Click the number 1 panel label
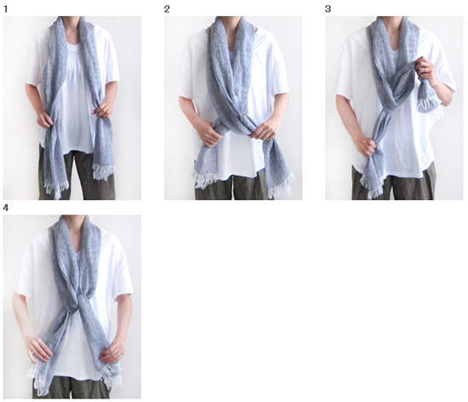point(6,9)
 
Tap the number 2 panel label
point(167,9)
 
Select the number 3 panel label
point(328,9)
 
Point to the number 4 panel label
point(6,208)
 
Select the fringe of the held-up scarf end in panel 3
point(428,105)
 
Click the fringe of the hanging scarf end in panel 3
point(372,186)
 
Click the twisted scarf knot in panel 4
point(78,299)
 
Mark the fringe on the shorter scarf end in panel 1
point(103,172)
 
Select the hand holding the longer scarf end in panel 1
point(45,120)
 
